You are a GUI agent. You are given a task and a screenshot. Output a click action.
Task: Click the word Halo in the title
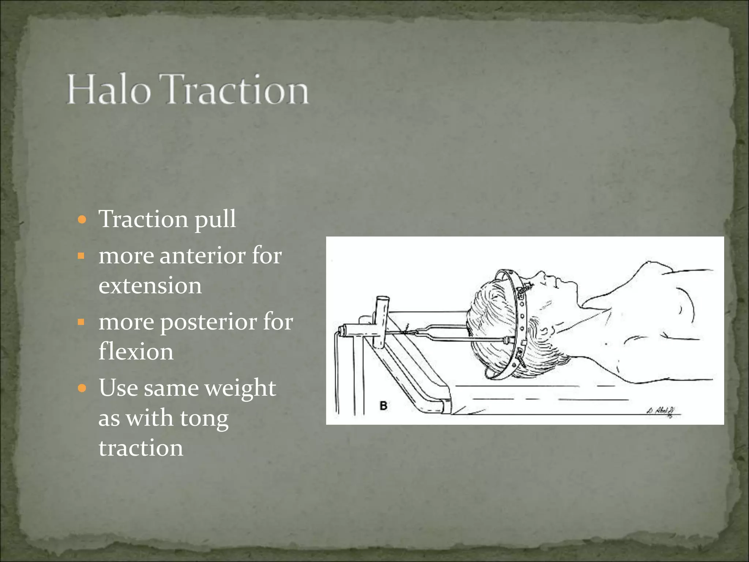pos(109,90)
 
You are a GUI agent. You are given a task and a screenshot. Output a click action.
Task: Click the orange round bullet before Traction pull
pos(82,220)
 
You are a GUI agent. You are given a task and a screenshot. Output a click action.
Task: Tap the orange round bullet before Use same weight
pos(82,388)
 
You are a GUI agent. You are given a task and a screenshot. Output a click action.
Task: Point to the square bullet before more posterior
pos(81,322)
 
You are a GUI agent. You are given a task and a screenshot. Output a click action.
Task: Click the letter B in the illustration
pos(383,406)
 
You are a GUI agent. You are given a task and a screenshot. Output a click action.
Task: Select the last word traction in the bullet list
pos(141,448)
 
